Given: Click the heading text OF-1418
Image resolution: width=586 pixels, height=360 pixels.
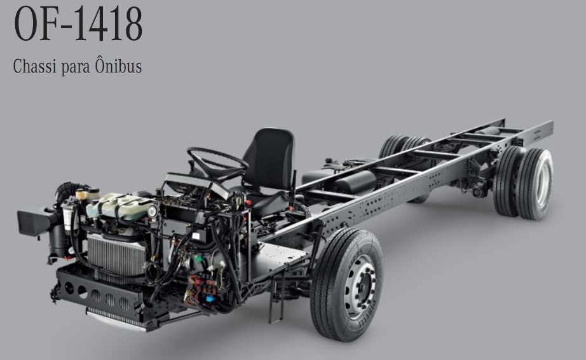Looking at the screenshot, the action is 78,24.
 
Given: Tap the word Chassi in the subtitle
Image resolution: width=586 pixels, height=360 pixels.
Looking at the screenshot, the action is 34,66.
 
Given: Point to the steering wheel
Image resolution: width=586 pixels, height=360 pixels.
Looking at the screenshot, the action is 217,162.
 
